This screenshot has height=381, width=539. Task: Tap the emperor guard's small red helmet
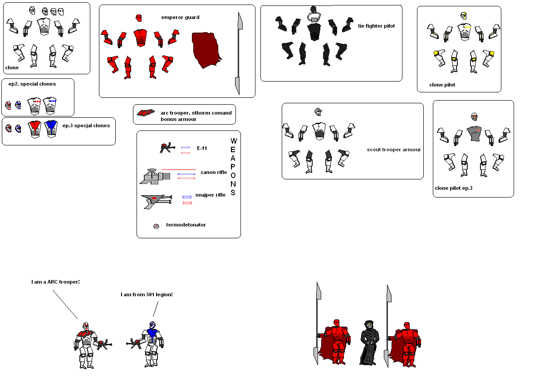139,18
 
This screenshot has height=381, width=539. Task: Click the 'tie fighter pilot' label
376,26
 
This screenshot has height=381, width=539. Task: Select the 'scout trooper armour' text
394,150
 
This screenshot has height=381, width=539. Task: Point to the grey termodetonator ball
156,226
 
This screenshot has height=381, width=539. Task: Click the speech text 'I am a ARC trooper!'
55,282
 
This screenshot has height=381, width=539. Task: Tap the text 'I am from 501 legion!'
147,294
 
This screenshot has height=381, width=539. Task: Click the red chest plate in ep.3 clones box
34,128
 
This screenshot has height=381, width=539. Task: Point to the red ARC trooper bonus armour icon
146,113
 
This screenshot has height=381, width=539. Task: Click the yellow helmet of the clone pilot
464,16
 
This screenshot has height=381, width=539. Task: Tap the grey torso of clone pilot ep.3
474,133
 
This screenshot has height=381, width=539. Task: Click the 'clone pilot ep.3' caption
453,188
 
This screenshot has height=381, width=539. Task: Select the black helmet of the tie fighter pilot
313,9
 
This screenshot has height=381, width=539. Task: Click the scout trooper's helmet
318,111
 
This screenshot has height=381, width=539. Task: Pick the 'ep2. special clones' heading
32,84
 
